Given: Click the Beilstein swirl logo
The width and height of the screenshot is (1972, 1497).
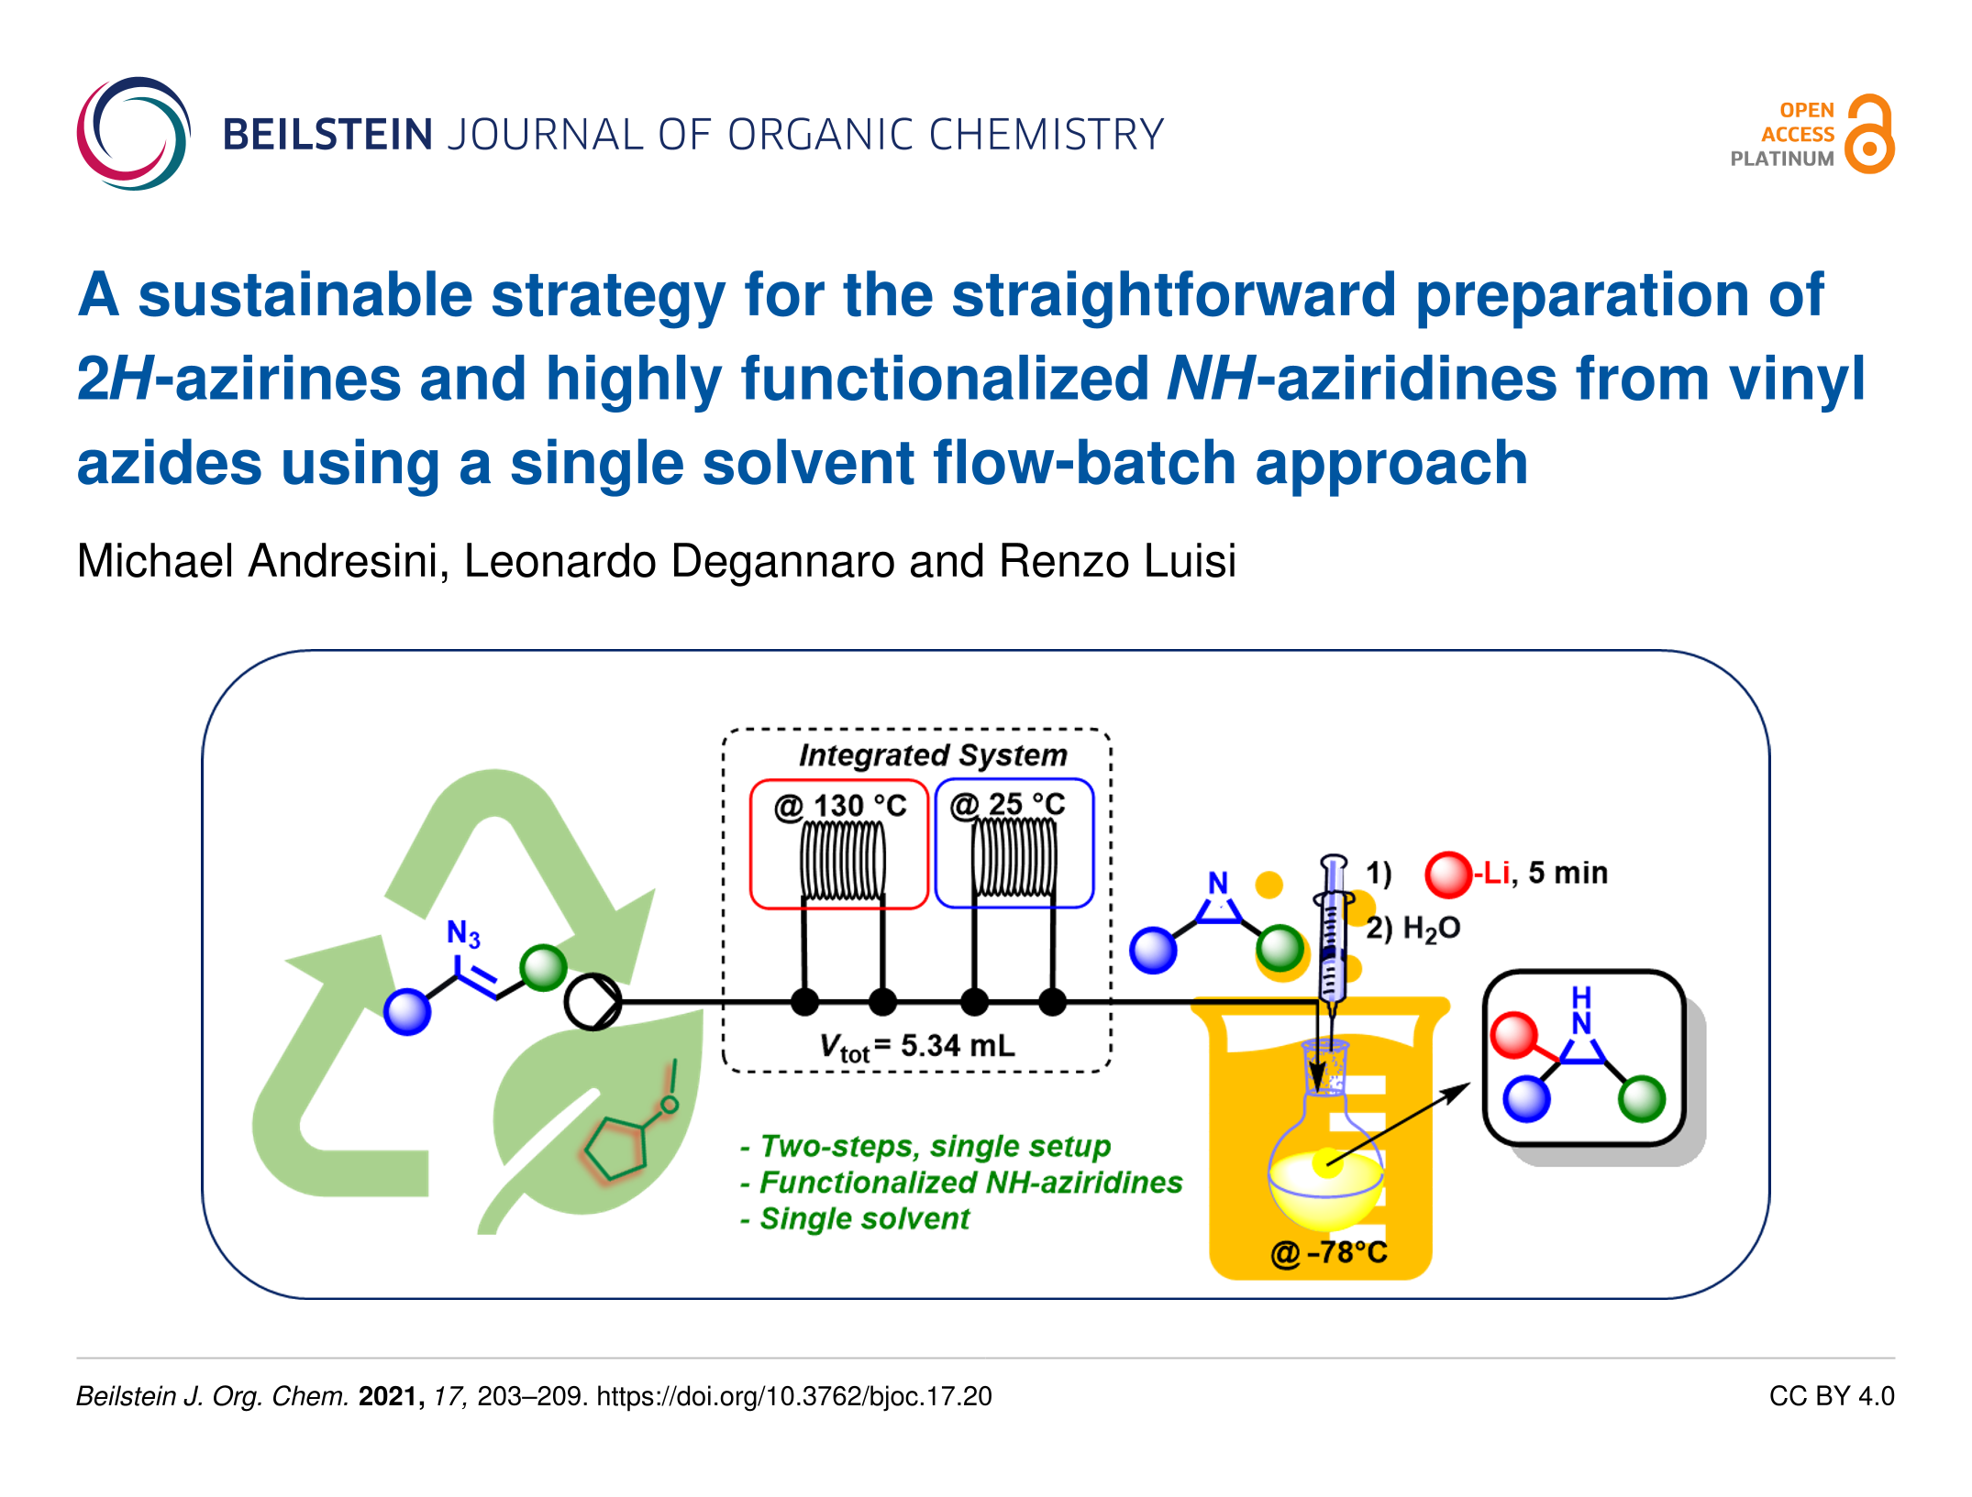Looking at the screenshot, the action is coord(134,134).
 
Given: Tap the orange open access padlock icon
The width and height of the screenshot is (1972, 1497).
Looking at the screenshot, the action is coord(1869,134).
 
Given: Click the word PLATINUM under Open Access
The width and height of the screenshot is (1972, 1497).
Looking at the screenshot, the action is coord(1782,159).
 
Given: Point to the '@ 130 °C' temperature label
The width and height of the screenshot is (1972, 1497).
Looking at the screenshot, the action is coord(840,806).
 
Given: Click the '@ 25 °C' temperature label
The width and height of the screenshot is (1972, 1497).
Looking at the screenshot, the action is coord(1008,805).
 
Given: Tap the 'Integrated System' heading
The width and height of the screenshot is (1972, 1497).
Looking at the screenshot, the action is coord(933,754).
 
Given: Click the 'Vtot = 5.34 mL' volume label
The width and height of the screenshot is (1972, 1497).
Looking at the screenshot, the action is coord(917,1046).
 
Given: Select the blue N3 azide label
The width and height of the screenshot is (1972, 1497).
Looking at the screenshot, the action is coord(463,933).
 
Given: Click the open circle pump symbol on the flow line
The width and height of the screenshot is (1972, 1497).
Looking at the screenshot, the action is coord(593,1002).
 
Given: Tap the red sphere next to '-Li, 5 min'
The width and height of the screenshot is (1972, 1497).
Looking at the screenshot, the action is coord(1448,874).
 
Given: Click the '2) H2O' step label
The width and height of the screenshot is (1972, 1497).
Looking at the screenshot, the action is coord(1413,929).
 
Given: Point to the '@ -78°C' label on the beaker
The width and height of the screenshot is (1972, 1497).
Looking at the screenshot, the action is coord(1328,1252).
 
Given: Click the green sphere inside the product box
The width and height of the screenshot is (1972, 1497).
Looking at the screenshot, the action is coord(1642,1098).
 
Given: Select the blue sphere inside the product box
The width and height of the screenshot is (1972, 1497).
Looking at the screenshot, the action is coord(1526,1098).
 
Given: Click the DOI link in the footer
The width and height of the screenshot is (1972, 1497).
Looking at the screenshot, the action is coord(794,1396).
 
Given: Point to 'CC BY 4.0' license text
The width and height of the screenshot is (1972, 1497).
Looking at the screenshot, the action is coord(1832,1396).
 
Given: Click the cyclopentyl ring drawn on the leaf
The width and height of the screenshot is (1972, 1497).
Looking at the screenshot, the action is coord(616,1149).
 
